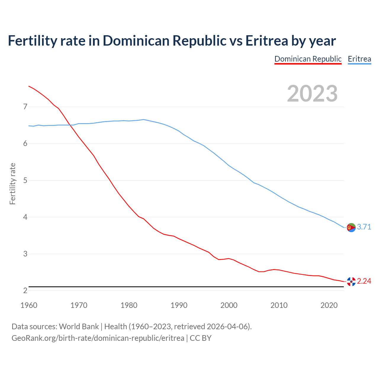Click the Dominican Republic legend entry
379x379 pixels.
(x=308, y=59)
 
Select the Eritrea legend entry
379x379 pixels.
(x=359, y=59)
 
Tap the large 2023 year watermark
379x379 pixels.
(x=312, y=94)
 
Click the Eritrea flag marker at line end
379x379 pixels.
(x=351, y=227)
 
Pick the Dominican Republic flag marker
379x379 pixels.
(x=351, y=282)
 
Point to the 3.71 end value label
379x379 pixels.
(x=364, y=227)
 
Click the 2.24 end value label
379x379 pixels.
(x=364, y=281)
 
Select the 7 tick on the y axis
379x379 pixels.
(x=25, y=107)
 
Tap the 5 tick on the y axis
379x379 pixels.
(x=25, y=180)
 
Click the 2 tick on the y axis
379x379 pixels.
(x=25, y=291)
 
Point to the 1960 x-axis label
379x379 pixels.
(x=29, y=305)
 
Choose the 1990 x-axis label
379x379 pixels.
(x=179, y=305)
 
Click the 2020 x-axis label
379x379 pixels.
(x=329, y=305)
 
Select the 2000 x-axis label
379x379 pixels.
(x=229, y=305)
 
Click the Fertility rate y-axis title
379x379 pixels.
(x=12, y=184)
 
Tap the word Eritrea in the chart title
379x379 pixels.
(x=266, y=41)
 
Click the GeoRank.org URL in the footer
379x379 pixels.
(x=98, y=338)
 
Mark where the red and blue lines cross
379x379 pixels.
(x=71, y=125)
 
